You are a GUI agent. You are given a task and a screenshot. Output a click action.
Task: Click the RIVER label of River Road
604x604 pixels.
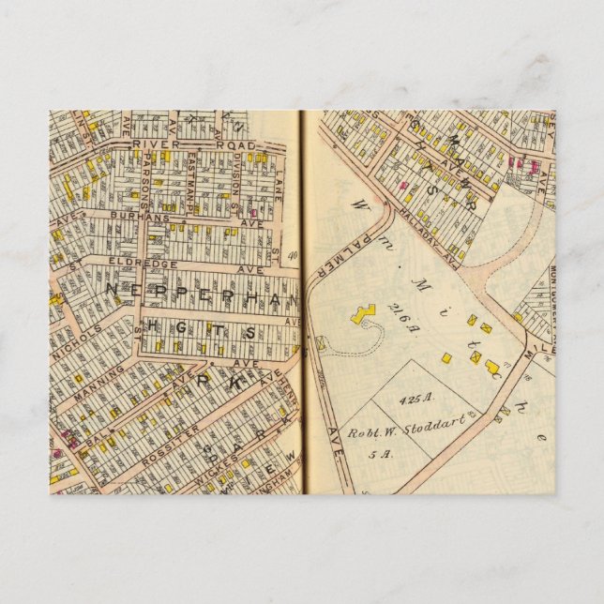(x=150, y=144)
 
